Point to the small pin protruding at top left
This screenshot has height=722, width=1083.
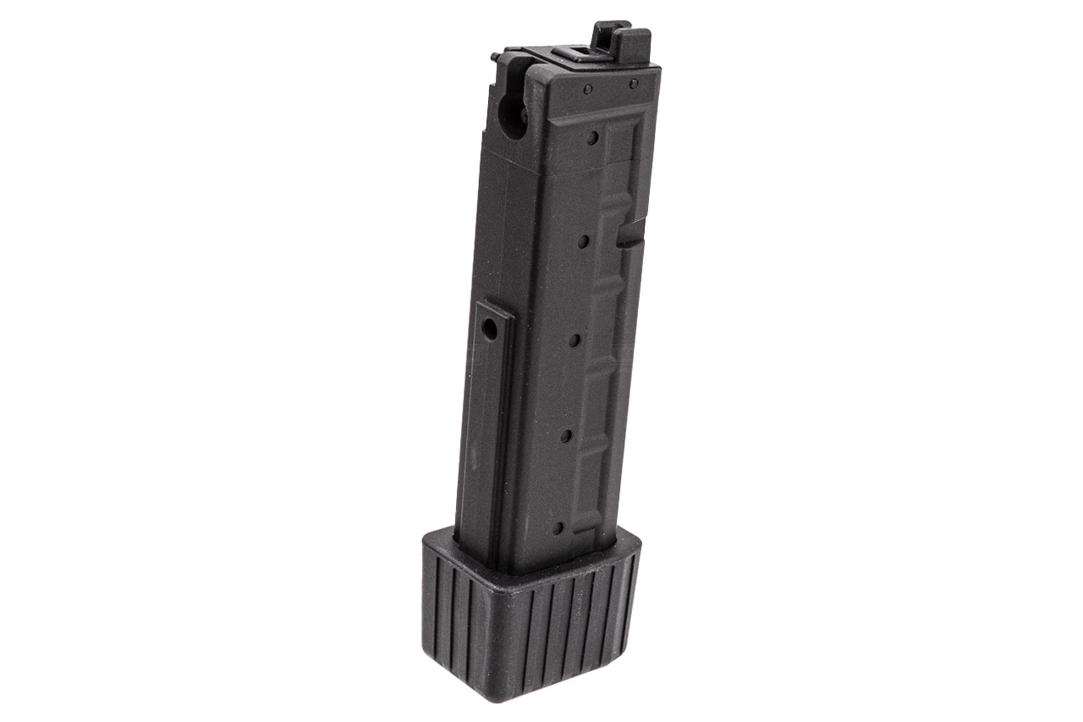[x=494, y=57]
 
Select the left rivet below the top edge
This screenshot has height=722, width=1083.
[x=586, y=88]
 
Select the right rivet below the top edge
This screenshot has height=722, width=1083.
[x=633, y=83]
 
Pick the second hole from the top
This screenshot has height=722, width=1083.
[x=584, y=242]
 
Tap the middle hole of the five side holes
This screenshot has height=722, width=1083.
[x=574, y=340]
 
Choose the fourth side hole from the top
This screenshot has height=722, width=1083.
[x=566, y=436]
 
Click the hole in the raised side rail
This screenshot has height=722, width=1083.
[x=490, y=331]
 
